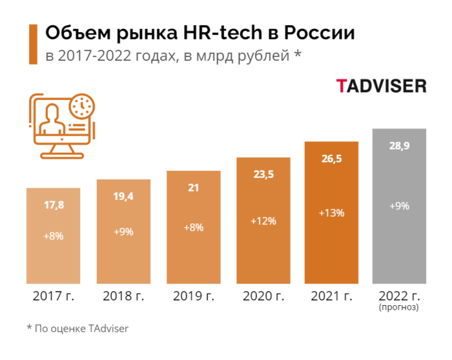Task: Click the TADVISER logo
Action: (380, 86)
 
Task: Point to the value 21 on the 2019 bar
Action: (193, 188)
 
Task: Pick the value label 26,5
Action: (331, 158)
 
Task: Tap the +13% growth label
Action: (331, 212)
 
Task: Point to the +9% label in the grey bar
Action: (398, 206)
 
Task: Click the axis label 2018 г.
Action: (123, 296)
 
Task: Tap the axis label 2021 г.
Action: (331, 296)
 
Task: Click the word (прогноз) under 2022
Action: (398, 308)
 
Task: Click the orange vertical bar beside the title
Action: (32, 44)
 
